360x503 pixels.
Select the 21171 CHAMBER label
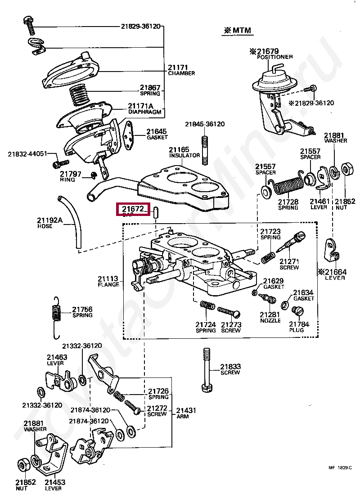pos(181,70)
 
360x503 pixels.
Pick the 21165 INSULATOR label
pos(184,152)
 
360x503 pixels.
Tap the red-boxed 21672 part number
pos(133,209)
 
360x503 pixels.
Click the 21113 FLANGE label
pos(108,281)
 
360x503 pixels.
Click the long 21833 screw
pos(207,369)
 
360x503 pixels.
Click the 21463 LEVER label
pos(57,360)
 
